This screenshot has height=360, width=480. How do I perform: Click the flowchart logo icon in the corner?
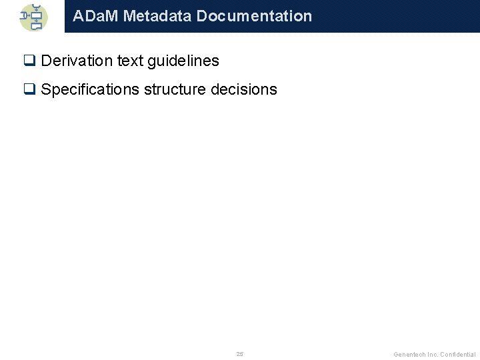click(33, 17)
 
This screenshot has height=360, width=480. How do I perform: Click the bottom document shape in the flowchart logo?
click(37, 27)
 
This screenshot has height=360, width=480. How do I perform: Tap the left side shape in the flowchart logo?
click(25, 15)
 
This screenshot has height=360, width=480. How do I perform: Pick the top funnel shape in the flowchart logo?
click(37, 7)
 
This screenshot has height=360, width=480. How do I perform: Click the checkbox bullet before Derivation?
click(29, 61)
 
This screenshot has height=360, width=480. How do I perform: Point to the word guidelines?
click(183, 61)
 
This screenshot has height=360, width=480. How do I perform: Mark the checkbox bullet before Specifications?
click(29, 90)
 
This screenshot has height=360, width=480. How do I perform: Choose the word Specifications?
click(90, 90)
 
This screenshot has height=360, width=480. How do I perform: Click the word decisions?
click(244, 90)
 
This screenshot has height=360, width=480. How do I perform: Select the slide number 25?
click(240, 353)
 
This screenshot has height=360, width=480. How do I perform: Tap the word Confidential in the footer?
click(458, 354)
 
